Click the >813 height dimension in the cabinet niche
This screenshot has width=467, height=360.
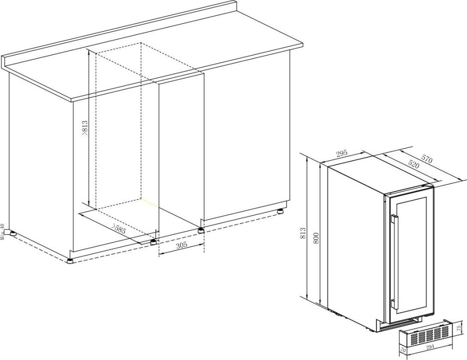click(x=84, y=129)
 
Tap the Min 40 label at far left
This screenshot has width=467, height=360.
click(x=3, y=231)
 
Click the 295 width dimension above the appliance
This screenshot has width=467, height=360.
click(x=341, y=154)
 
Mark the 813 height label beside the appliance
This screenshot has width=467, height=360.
click(x=303, y=234)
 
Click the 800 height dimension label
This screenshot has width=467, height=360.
click(x=316, y=237)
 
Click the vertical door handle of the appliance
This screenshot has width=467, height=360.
click(x=394, y=262)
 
